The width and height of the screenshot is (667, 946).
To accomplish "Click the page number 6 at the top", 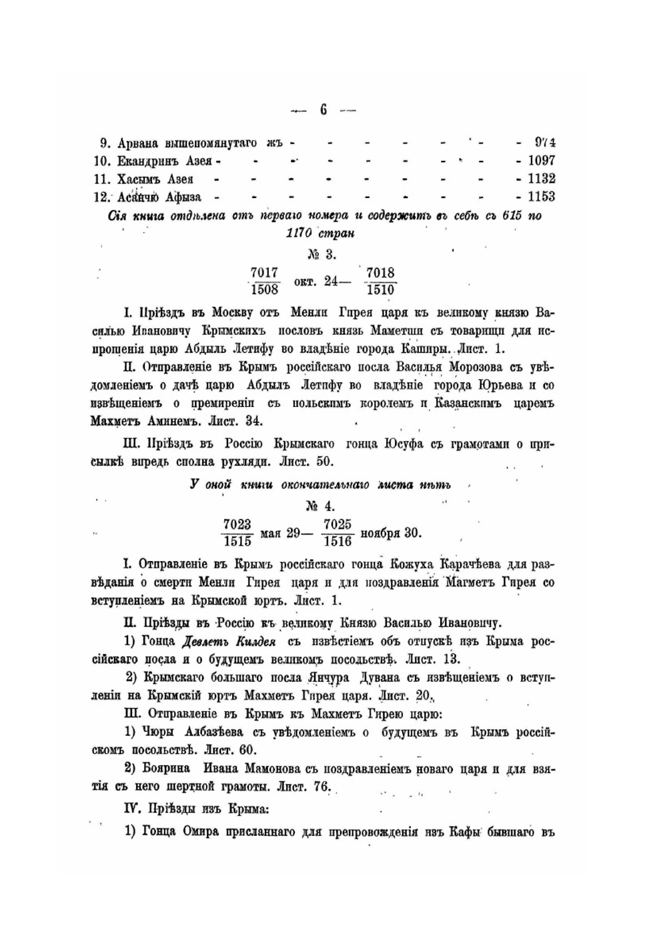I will click(x=323, y=110).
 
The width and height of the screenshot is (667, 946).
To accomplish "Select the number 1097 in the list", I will click(x=541, y=161).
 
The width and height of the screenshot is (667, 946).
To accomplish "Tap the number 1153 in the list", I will click(x=541, y=197).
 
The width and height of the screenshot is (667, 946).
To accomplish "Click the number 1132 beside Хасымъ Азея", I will click(x=541, y=179).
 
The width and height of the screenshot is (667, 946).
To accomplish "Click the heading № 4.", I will click(x=322, y=505).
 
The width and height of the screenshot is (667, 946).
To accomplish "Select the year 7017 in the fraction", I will click(x=265, y=273).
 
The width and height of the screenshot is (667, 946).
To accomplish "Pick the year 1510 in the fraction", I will click(x=380, y=290).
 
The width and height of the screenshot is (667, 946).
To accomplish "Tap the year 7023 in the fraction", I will click(x=237, y=524).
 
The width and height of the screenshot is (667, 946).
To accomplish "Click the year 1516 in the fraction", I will click(x=337, y=541).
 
